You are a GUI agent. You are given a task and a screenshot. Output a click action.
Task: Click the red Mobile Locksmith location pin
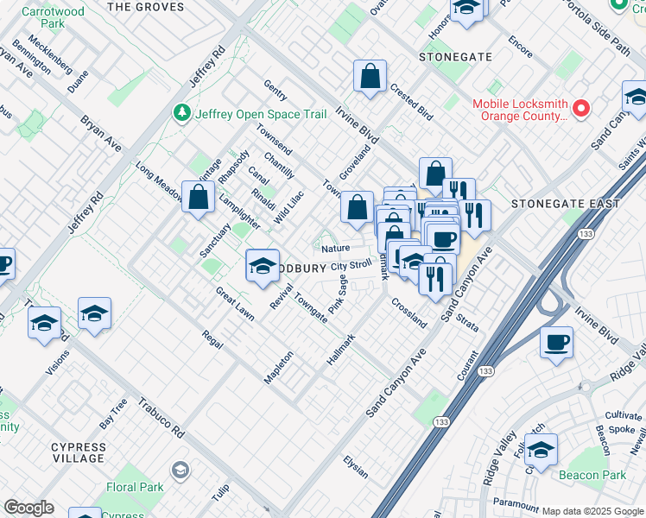[x=581, y=109]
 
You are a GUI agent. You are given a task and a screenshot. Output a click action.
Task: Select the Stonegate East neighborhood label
[x=565, y=204]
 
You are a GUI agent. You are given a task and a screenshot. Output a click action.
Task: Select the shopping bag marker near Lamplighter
[x=199, y=197]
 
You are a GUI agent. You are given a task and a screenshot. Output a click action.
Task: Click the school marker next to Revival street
[x=262, y=265]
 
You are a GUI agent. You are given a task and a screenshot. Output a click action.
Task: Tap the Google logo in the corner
[x=28, y=507]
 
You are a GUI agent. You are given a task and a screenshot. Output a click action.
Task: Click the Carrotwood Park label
[x=43, y=17]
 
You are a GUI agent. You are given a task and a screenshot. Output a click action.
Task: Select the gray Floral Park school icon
[x=180, y=471]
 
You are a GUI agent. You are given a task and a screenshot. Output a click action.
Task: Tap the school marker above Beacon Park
[x=541, y=450]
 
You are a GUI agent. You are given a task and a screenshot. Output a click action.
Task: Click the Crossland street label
[x=408, y=313]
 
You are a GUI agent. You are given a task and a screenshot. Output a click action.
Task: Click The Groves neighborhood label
[x=145, y=7]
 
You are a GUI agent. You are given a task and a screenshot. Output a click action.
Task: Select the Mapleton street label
[x=279, y=366]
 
